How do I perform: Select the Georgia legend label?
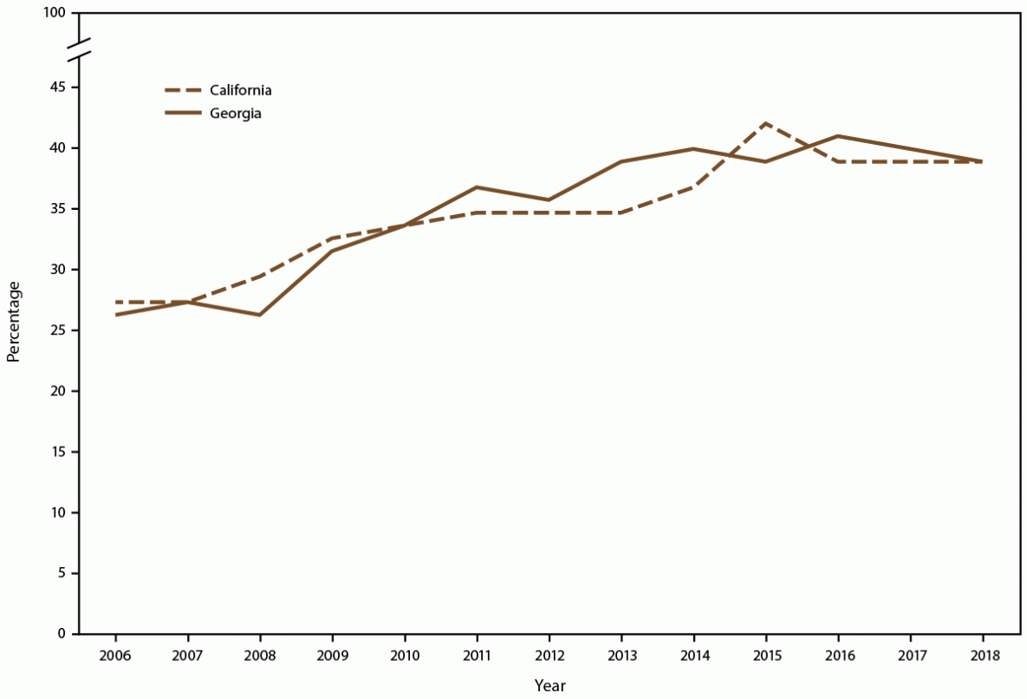coord(233,114)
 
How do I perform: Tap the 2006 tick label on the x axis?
coord(115,657)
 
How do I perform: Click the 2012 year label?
coord(549,657)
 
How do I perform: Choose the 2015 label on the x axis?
coord(765,657)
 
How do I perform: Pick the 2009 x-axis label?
coord(332,657)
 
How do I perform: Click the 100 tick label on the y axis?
coord(54,14)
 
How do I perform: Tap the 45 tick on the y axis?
coord(57,88)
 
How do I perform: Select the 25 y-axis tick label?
coord(57,330)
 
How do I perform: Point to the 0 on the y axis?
coord(62,634)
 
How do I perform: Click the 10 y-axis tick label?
coord(57,513)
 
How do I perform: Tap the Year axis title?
coord(549,685)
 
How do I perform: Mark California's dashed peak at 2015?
coord(765,123)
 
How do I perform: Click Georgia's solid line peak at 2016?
coord(838,136)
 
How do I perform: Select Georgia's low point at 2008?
coord(259,315)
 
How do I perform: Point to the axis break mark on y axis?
coord(78,49)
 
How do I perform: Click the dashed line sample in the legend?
coord(184,89)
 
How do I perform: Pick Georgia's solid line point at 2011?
coord(477,187)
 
